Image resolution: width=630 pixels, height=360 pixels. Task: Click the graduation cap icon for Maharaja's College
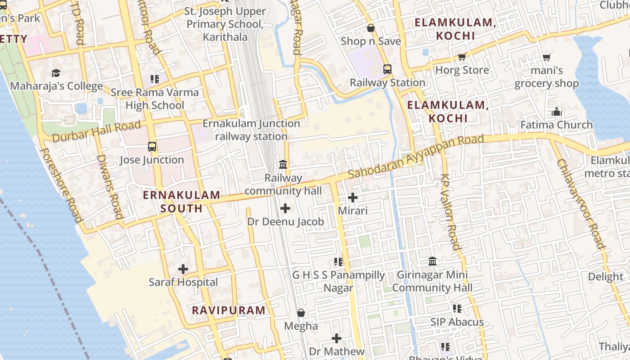[56, 73]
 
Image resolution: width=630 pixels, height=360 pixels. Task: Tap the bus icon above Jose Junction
[152, 147]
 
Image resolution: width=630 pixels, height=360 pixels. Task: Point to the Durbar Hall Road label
[96, 131]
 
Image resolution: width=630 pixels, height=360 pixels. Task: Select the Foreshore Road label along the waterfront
[62, 185]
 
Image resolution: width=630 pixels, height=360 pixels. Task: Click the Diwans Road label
[109, 187]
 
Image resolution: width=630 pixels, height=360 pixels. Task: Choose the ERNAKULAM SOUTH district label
[181, 202]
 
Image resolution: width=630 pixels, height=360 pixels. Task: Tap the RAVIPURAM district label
[229, 310]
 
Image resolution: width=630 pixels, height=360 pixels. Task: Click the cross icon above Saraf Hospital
[183, 270]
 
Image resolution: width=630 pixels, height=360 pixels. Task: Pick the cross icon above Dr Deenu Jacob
[285, 208]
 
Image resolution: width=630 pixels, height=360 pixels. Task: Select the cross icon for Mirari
[353, 198]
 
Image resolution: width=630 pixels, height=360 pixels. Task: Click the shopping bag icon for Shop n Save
[371, 28]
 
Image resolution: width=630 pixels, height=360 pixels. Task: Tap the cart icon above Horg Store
[462, 57]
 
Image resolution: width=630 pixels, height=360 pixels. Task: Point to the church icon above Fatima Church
[557, 112]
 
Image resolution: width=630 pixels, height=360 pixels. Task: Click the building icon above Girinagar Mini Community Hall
[432, 261]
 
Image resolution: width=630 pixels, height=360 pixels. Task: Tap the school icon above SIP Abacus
[457, 309]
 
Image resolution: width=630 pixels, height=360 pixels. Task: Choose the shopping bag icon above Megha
[301, 313]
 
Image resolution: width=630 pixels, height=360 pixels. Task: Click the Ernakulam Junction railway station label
[251, 130]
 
